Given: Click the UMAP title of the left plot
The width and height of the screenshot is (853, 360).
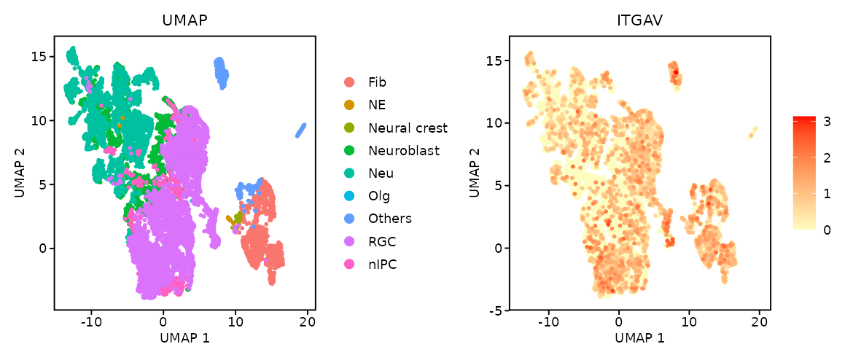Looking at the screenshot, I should pos(184,22).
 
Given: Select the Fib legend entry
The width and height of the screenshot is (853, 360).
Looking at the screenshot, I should pos(378,82).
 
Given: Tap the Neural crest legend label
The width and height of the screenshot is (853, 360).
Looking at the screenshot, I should pos(408,128).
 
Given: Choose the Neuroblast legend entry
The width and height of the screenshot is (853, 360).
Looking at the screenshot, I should pos(404,151).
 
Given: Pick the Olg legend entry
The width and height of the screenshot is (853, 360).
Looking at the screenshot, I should pos(379,196).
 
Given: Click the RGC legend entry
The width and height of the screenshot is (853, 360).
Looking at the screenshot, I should pos(382,241).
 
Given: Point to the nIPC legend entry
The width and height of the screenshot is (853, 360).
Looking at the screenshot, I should pos(383,264).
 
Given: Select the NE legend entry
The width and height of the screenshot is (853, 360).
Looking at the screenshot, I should pos(377,105).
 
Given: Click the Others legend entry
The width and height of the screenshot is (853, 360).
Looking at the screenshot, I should pos(389,219).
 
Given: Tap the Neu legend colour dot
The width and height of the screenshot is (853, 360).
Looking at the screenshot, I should pos(349,173).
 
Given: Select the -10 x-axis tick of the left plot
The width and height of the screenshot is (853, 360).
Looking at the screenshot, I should pos(91,321).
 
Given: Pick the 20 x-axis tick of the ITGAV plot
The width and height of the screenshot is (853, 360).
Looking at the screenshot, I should pos(759,321).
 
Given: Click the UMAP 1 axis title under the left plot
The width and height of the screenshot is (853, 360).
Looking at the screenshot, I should pos(184,338).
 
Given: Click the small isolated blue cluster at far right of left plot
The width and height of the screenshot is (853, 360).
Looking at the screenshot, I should pos(300,130).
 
